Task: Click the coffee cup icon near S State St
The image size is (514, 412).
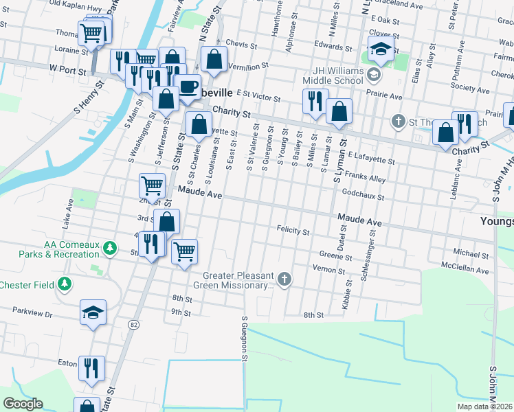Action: [187, 87]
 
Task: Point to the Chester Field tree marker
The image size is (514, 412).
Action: [65, 284]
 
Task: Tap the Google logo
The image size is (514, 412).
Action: [23, 404]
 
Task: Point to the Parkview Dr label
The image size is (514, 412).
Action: [32, 312]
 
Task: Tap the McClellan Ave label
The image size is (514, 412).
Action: [465, 270]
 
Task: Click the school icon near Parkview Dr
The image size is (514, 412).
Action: [93, 313]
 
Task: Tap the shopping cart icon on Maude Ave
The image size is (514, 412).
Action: [152, 184]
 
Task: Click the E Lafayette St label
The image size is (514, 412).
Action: [371, 159]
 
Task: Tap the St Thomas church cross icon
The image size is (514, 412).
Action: [397, 122]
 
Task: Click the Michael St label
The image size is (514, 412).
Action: [469, 253]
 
